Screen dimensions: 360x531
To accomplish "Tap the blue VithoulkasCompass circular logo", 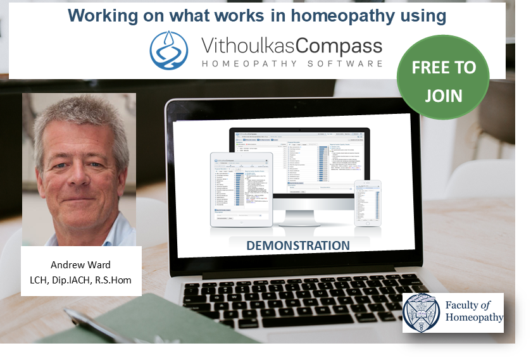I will (x=168, y=50).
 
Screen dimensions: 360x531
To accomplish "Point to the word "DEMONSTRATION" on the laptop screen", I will (x=297, y=245).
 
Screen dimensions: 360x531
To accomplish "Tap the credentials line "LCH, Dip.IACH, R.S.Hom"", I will (x=82, y=280).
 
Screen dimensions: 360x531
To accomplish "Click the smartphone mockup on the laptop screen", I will (x=368, y=202).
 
